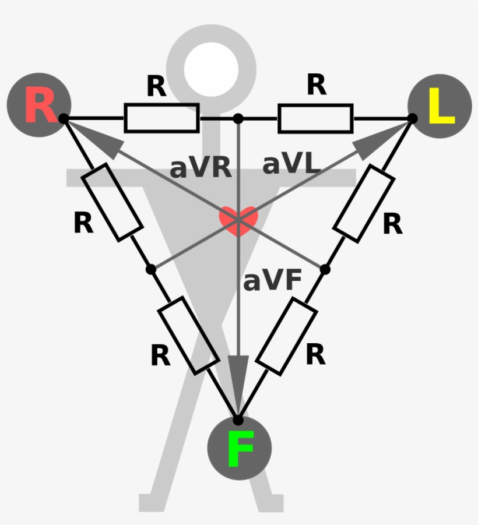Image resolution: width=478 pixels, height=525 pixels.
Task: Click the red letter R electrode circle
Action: click(x=38, y=105)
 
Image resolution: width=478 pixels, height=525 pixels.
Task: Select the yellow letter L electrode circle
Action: click(x=440, y=106)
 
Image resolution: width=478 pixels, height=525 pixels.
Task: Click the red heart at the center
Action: click(x=238, y=220)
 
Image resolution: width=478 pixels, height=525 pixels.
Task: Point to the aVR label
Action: click(x=201, y=167)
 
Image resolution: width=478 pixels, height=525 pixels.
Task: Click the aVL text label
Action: click(x=291, y=165)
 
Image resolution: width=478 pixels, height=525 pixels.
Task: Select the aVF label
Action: click(x=272, y=281)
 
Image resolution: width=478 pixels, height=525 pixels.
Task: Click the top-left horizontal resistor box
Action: click(x=161, y=118)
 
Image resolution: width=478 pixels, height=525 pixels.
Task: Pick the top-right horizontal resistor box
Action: click(x=315, y=118)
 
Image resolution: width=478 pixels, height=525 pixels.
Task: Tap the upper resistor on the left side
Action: click(x=112, y=202)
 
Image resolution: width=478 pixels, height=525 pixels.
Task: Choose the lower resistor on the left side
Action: click(x=189, y=335)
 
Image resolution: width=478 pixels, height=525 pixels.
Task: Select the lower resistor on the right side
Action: click(x=287, y=336)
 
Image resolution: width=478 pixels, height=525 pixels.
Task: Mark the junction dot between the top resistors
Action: click(x=238, y=118)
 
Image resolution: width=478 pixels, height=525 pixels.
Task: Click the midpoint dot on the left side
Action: click(x=151, y=269)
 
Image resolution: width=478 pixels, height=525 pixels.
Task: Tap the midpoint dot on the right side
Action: click(x=325, y=269)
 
